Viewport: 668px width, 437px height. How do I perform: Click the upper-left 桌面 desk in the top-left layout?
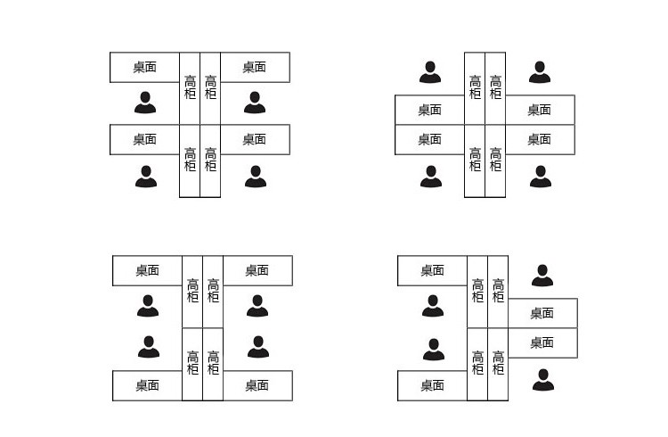coord(144,67)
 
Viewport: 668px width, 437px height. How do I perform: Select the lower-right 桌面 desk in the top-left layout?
coord(255,139)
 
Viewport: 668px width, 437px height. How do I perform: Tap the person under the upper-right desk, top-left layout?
coord(255,103)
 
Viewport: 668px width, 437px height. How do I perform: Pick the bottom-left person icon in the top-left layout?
coord(146,176)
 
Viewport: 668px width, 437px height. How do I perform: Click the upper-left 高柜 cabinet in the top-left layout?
coord(190,87)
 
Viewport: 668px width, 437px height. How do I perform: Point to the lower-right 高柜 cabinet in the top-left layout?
coord(210,161)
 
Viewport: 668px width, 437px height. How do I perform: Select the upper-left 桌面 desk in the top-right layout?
coord(429,110)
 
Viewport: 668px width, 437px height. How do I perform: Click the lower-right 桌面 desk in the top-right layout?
coord(540,139)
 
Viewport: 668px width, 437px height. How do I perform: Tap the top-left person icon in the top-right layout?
coord(430,72)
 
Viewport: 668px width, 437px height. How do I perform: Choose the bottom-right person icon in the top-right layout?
coord(541,176)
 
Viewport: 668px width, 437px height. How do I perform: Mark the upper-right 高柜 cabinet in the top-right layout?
coord(495,87)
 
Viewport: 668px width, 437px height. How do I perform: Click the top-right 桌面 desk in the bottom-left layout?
coord(257,270)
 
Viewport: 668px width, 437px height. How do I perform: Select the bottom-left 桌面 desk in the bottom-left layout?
coord(148,385)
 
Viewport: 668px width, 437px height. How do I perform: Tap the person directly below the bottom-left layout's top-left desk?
coord(148,306)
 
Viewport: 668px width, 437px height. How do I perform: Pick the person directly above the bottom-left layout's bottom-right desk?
coord(258,346)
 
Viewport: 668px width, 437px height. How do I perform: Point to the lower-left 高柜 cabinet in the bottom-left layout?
coord(192,363)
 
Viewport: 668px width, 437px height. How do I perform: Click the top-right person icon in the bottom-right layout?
coord(542,276)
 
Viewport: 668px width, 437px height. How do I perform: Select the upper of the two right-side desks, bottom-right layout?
coord(542,313)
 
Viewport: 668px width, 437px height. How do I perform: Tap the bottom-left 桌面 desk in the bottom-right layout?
coord(432,385)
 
